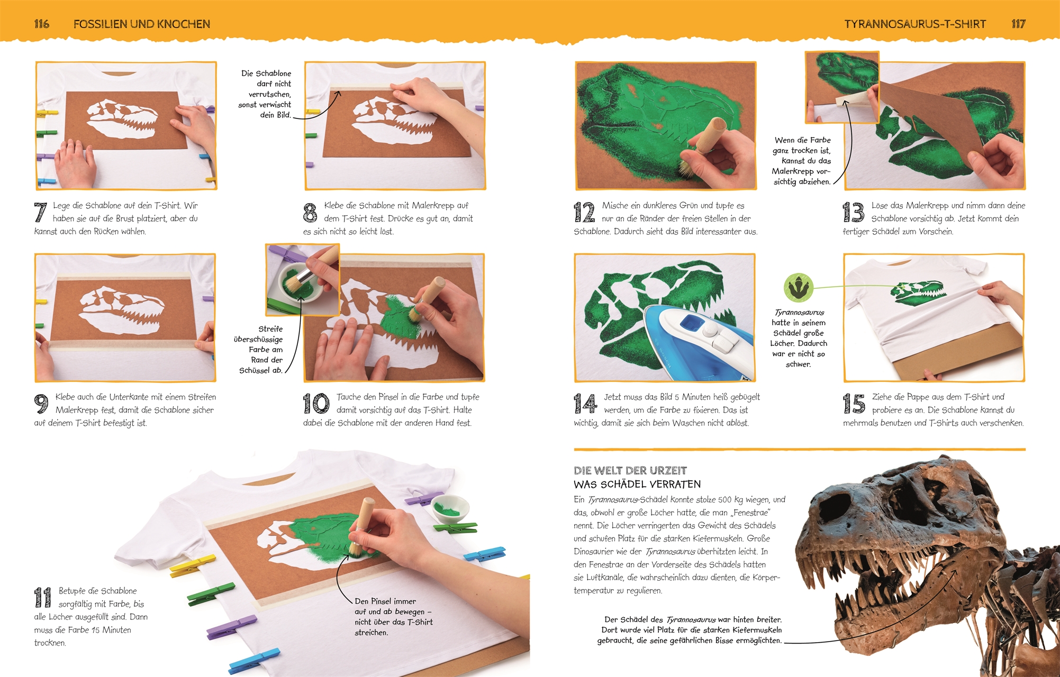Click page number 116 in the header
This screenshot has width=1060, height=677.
point(41,24)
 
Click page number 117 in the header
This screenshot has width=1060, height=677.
point(1018,24)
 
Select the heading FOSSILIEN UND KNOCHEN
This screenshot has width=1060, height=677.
point(142,24)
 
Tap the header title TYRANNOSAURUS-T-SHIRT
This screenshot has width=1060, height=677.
point(915,24)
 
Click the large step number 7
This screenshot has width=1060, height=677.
point(40,212)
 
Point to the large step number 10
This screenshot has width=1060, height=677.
point(316,404)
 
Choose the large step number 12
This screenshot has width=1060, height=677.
point(584,212)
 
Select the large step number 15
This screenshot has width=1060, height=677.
point(854,404)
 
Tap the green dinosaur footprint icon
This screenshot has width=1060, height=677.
point(798,288)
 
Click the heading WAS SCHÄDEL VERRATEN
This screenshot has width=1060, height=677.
point(637,484)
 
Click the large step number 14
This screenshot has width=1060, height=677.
point(585,404)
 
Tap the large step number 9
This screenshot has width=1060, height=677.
point(41,404)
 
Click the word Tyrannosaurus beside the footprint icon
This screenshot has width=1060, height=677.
point(799,313)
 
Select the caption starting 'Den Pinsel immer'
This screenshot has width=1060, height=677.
point(394,617)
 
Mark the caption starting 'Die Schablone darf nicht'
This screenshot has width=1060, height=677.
point(266,94)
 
